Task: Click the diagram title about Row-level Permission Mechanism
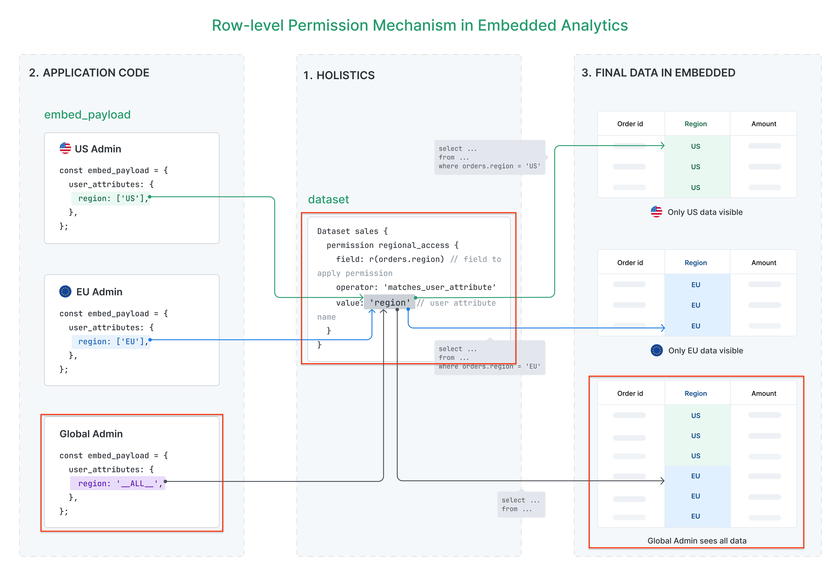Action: click(420, 25)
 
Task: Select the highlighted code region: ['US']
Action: click(111, 198)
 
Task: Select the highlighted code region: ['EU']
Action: click(111, 341)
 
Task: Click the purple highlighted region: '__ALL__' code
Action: click(117, 483)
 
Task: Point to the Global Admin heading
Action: click(91, 434)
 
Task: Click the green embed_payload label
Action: click(87, 115)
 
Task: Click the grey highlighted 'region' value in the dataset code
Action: click(390, 302)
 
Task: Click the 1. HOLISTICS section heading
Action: click(339, 75)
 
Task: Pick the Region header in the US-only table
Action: click(695, 124)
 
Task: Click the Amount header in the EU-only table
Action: click(764, 263)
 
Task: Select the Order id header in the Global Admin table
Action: click(630, 393)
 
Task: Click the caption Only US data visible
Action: click(705, 212)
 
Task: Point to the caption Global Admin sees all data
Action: click(697, 541)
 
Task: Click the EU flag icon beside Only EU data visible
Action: click(656, 350)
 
